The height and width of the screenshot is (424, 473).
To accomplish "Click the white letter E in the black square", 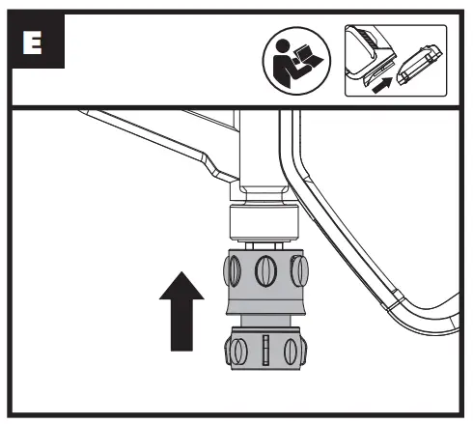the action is point(33,42).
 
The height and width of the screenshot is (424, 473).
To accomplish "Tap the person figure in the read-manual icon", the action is point(285,63).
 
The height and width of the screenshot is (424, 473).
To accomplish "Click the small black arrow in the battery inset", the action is point(382,85).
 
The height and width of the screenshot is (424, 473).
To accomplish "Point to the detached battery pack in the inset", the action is point(419,65).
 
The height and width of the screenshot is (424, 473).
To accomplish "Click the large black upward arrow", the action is point(181,311).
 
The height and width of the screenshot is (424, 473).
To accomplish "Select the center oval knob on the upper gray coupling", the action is point(265,270).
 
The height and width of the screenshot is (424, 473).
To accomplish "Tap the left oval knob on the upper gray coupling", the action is point(233,270).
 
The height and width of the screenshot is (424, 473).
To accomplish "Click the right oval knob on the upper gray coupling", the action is point(299,270).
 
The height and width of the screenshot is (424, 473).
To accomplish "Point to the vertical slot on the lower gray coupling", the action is point(265,350).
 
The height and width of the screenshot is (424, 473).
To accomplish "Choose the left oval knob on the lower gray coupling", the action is point(238,352).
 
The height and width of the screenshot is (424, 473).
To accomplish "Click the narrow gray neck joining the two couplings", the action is point(265,321).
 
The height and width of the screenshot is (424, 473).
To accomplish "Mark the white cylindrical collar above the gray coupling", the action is point(264,223).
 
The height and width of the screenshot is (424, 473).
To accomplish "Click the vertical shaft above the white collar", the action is point(260,152).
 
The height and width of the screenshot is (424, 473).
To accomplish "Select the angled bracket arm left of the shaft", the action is point(161,143).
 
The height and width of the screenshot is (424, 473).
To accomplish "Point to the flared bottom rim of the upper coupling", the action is point(265,308).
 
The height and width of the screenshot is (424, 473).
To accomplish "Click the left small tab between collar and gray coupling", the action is point(249,245).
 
